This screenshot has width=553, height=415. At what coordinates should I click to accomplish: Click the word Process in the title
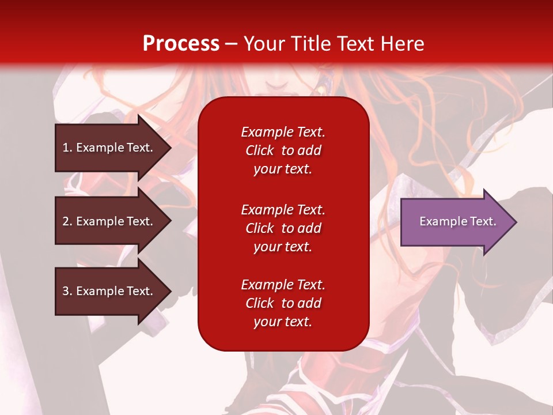181,44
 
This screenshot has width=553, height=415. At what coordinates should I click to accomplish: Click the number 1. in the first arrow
67,148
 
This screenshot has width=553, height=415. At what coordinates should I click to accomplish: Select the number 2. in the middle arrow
67,221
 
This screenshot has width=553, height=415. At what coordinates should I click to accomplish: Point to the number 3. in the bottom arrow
67,291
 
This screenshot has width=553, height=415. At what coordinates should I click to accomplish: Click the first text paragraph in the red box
283,150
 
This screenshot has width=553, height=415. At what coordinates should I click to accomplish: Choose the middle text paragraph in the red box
283,228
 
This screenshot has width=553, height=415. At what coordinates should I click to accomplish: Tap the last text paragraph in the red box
283,303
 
